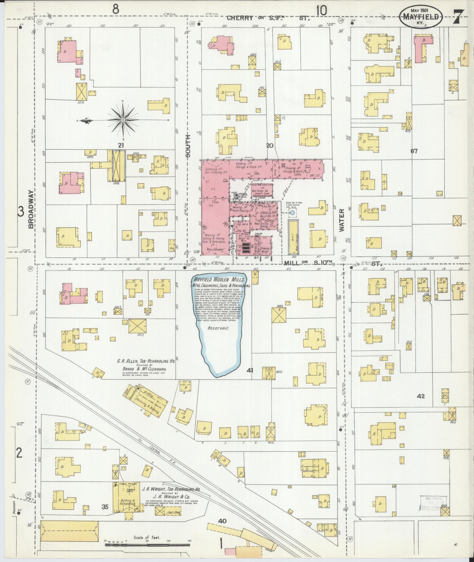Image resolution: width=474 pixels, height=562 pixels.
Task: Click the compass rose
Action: pyautogui.click(x=123, y=120)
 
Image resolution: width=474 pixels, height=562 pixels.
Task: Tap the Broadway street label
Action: pyautogui.click(x=31, y=209)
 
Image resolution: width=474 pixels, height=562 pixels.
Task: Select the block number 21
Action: pyautogui.click(x=120, y=145)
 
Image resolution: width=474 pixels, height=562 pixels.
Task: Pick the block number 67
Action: pyautogui.click(x=414, y=151)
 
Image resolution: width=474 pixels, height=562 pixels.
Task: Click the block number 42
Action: pyautogui.click(x=421, y=396)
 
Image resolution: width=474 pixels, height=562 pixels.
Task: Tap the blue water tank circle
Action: pyautogui.click(x=292, y=212)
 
